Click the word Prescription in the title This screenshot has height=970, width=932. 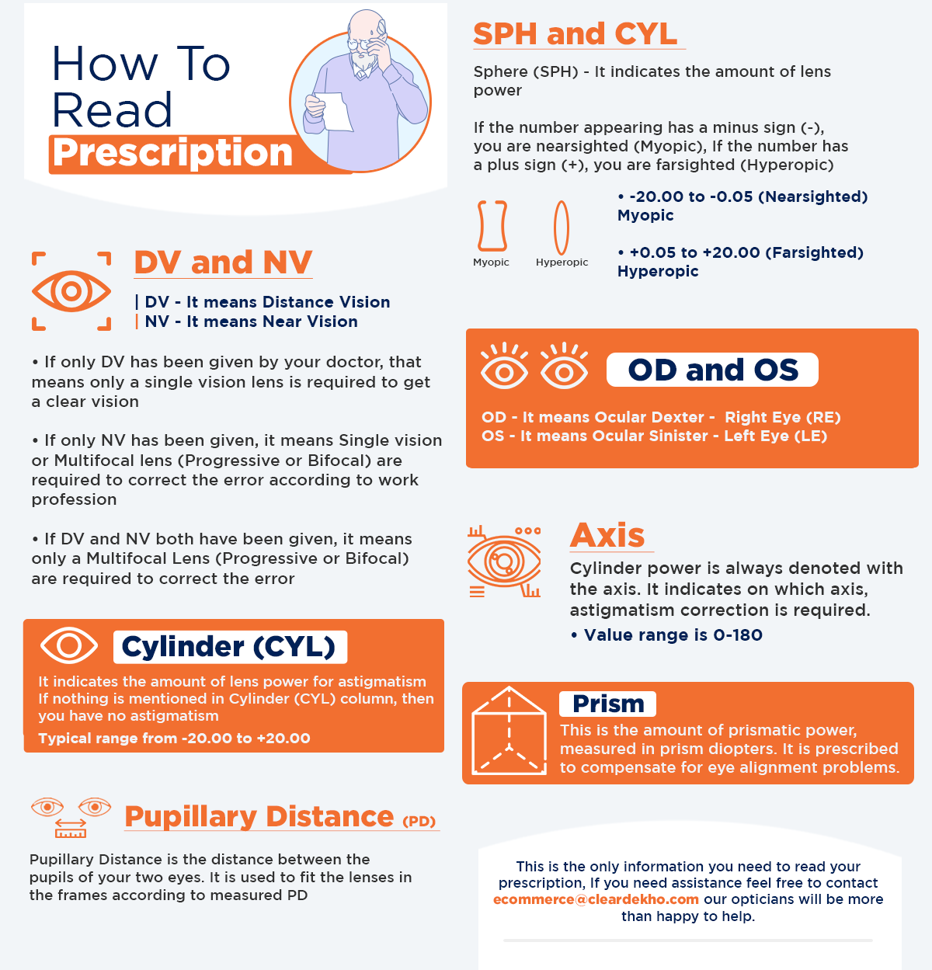click(x=172, y=153)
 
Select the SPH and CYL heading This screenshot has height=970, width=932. click(x=576, y=34)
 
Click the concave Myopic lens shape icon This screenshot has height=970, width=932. click(x=492, y=226)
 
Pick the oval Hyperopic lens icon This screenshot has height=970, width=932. click(x=561, y=227)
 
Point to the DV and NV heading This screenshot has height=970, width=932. click(x=223, y=262)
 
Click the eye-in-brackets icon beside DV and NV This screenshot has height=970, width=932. click(x=71, y=291)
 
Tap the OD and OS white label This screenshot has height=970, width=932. click(x=712, y=370)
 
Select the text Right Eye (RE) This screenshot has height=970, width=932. click(x=782, y=417)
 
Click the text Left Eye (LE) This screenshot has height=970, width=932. click(x=775, y=436)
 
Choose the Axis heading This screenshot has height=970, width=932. click(x=607, y=535)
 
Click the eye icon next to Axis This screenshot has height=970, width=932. click(x=504, y=561)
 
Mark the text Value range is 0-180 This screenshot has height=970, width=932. click(x=673, y=635)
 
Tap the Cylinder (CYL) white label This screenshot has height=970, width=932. click(x=229, y=646)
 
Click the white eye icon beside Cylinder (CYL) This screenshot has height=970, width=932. click(x=69, y=645)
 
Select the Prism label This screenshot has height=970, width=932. click(x=608, y=704)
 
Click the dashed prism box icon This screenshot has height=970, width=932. click(x=509, y=731)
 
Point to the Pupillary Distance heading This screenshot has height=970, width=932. click(x=259, y=816)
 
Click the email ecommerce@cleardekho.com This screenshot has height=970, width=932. click(x=596, y=899)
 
